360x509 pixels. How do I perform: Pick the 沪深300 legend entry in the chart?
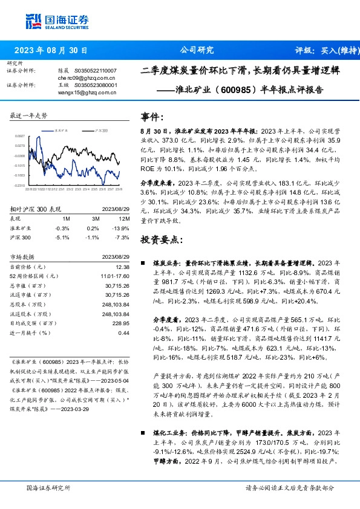[x=100, y=130]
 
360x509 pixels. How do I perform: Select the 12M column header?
[x=125, y=218]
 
